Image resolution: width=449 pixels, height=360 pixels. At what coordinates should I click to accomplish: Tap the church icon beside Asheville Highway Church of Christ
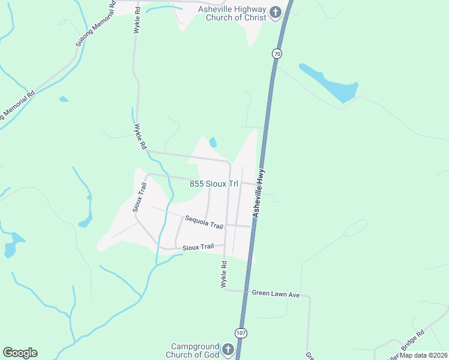pyautogui.click(x=276, y=13)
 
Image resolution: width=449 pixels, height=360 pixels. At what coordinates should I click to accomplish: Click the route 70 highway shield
pyautogui.click(x=276, y=54)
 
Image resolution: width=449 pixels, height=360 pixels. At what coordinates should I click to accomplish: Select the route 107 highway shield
pyautogui.click(x=241, y=333)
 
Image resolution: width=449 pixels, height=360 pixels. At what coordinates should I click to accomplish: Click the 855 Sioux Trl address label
pyautogui.click(x=214, y=184)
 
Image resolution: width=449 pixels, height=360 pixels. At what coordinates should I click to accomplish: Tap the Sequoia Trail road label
pyautogui.click(x=204, y=222)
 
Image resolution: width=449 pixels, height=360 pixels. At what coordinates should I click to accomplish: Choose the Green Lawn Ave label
pyautogui.click(x=276, y=294)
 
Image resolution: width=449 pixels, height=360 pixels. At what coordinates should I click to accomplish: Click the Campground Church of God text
pyautogui.click(x=194, y=351)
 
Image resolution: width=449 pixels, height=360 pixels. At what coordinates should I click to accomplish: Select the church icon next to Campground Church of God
pyautogui.click(x=228, y=350)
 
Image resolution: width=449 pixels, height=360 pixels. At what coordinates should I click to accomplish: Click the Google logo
pyautogui.click(x=20, y=353)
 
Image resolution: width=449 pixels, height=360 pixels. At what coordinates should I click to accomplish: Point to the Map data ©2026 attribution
pyautogui.click(x=424, y=355)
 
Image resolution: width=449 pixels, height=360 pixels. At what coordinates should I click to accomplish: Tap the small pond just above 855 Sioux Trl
pyautogui.click(x=212, y=142)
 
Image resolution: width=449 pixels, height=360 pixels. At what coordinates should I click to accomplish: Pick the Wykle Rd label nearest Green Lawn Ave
pyautogui.click(x=224, y=274)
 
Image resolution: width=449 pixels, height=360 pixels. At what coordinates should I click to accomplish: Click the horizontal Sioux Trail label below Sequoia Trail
pyautogui.click(x=198, y=247)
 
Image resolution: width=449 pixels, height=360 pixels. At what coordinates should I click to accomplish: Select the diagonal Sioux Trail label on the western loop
pyautogui.click(x=139, y=197)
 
